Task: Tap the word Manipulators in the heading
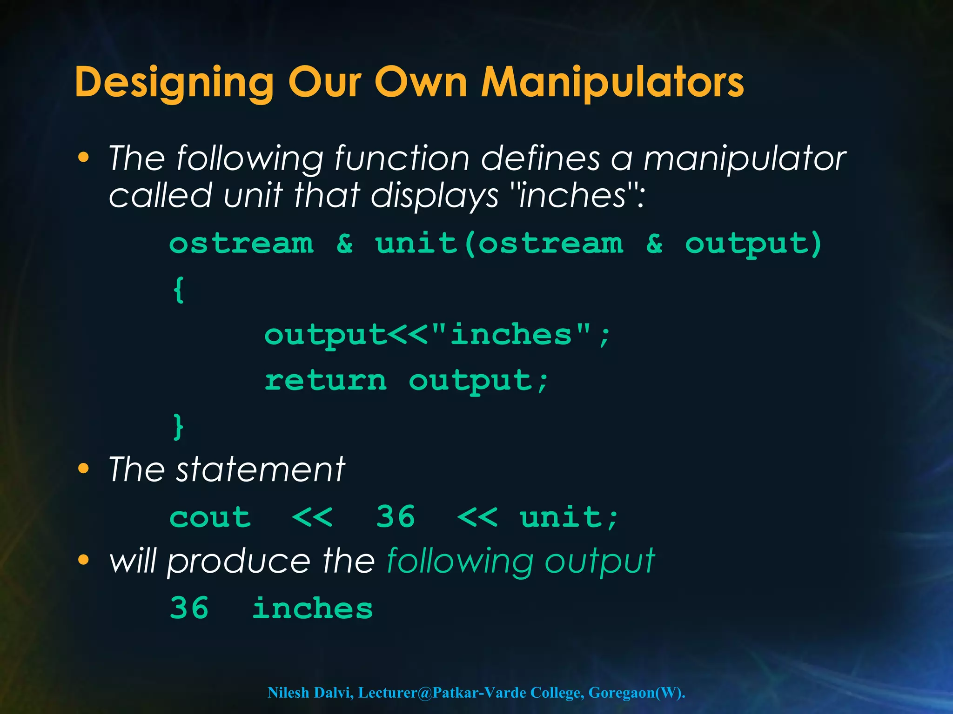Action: point(612,83)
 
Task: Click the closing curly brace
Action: point(179,427)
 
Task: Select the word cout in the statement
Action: point(210,518)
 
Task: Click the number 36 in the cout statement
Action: point(396,517)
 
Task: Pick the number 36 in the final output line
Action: point(189,608)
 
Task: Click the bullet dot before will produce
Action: point(83,560)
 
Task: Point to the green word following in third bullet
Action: point(460,562)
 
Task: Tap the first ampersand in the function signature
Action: point(345,244)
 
